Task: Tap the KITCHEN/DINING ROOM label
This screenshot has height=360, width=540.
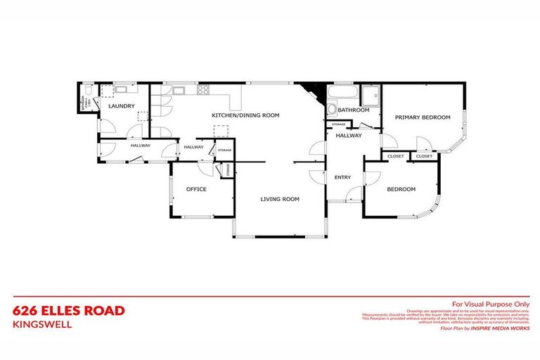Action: point(246,115)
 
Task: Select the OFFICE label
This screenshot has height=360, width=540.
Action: point(196,188)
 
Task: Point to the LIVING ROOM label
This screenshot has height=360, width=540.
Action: point(280,199)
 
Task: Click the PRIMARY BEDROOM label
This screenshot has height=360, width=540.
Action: point(422,117)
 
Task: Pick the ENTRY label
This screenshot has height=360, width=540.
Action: point(342,177)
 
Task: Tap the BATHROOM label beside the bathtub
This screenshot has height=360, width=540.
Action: point(353,110)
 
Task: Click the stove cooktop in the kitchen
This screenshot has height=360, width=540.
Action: point(202,90)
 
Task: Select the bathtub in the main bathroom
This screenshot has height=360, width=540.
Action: point(342,93)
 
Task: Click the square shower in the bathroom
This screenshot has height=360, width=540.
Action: point(370,94)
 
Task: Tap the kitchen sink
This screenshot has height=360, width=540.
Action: point(176,89)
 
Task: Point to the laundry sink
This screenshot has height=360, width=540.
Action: point(120,89)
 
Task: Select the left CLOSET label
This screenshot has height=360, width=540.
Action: point(396,156)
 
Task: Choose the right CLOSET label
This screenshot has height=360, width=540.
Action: point(424,156)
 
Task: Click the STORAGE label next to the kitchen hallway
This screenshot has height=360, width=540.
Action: point(224,150)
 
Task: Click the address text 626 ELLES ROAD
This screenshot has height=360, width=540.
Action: point(69,310)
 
